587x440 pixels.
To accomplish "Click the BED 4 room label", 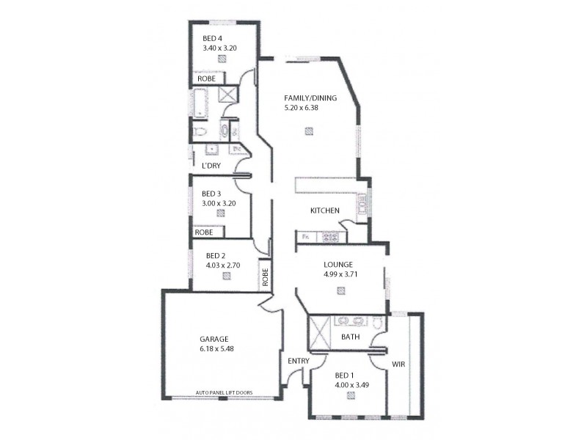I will point(214,39).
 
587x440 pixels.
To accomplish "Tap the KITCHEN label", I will point(324,211).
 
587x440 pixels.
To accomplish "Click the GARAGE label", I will point(214,339).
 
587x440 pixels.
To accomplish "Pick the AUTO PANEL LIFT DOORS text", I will point(224,393).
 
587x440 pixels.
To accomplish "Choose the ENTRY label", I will point(299,361).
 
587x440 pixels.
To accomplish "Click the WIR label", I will point(398,363).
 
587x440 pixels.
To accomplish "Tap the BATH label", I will point(351,337).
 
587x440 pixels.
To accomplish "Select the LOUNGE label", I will point(338,265).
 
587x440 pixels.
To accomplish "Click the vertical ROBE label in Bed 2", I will point(265,276).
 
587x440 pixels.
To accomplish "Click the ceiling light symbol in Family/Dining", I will point(309,131).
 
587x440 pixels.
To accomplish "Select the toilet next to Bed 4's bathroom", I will point(201,131).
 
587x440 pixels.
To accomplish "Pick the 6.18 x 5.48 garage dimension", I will point(214,349).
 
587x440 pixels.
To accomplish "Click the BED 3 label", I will point(213,194).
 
